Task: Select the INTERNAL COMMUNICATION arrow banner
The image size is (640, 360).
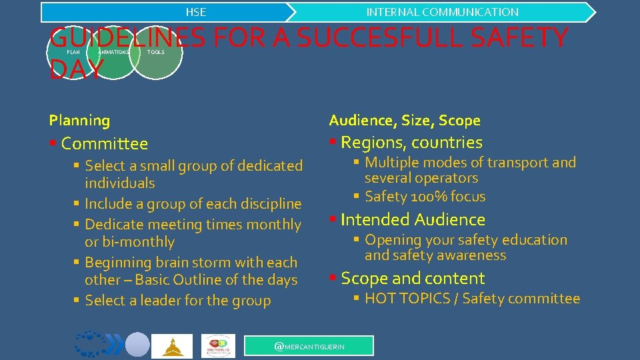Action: pyautogui.click(x=442, y=12)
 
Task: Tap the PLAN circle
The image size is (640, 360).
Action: pyautogui.click(x=73, y=52)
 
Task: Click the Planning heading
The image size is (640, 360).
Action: pyautogui.click(x=79, y=121)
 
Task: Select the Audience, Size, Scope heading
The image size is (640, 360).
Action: pyautogui.click(x=405, y=121)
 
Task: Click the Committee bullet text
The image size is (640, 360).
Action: pyautogui.click(x=104, y=143)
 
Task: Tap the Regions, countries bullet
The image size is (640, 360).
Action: pyautogui.click(x=411, y=142)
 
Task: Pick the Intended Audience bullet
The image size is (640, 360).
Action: pyautogui.click(x=413, y=219)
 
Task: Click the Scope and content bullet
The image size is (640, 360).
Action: pyautogui.click(x=413, y=278)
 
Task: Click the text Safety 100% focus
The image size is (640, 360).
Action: pyautogui.click(x=425, y=197)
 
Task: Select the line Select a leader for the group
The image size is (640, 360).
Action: pyautogui.click(x=177, y=301)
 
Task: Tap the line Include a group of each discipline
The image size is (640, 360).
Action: pyautogui.click(x=193, y=204)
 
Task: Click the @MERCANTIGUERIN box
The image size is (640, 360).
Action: pyautogui.click(x=309, y=345)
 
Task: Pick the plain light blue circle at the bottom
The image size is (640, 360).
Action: pyautogui.click(x=137, y=345)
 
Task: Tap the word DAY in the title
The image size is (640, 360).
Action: pyautogui.click(x=77, y=69)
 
